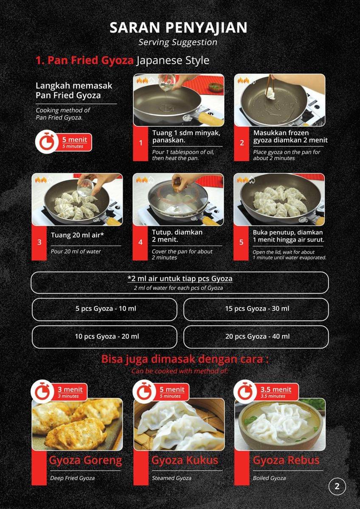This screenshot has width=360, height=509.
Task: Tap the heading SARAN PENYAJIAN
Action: pyautogui.click(x=179, y=28)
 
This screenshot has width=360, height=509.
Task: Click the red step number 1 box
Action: pyautogui.click(x=141, y=143)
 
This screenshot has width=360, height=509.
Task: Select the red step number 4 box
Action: pyautogui.click(x=141, y=243)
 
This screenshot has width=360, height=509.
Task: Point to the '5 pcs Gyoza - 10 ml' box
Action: pyautogui.click(x=104, y=309)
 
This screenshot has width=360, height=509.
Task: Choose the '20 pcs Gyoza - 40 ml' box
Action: pyautogui.click(x=256, y=337)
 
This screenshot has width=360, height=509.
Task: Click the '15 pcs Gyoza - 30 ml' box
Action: pyautogui.click(x=256, y=309)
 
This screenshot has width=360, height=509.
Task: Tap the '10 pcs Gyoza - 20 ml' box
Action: pyautogui.click(x=104, y=337)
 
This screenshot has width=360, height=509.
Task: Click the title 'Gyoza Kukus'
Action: pyautogui.click(x=185, y=461)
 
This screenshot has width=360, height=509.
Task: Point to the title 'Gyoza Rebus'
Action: pyautogui.click(x=286, y=461)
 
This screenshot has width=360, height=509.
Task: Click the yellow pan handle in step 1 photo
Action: pyautogui.click(x=211, y=119)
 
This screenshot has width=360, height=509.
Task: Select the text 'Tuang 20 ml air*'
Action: pyautogui.click(x=77, y=235)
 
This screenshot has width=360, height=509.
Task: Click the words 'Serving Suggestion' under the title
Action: pyautogui.click(x=178, y=42)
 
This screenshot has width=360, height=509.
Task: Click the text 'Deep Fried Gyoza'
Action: pyautogui.click(x=72, y=478)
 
